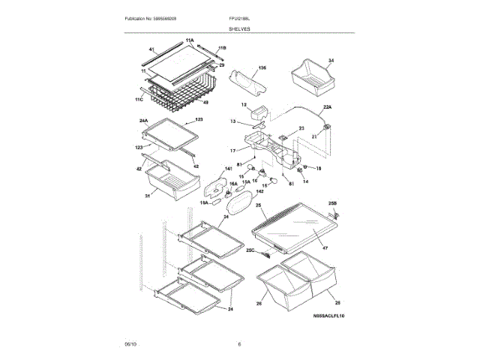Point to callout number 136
click(262, 67)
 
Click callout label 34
click(331, 60)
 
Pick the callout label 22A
click(327, 107)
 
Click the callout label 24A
click(144, 120)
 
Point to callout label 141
click(229, 169)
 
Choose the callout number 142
click(248, 193)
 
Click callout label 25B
click(332, 204)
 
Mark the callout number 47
click(325, 247)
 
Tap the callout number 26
click(259, 304)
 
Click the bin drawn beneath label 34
click(308, 77)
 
